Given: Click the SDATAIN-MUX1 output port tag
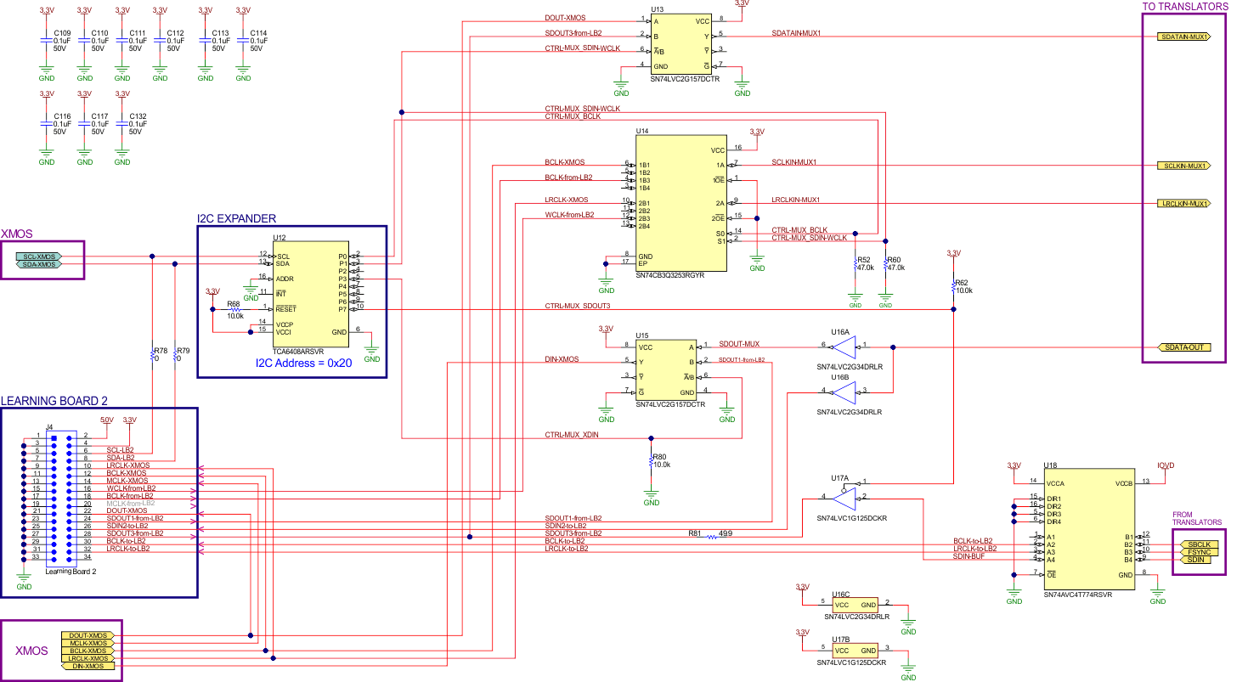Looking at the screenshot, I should tap(1183, 37).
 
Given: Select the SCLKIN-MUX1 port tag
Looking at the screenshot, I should tap(1183, 166).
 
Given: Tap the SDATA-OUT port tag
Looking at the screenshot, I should tap(1184, 347).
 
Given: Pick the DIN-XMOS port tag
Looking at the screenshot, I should tap(88, 666).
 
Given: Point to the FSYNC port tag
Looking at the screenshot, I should tap(1197, 551).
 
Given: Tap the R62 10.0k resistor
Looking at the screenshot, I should tap(953, 288).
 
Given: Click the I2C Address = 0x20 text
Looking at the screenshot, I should tap(303, 362).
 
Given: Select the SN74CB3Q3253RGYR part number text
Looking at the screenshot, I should tap(669, 275).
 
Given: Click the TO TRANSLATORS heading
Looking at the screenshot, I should tap(1184, 6).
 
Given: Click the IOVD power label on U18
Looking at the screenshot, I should tap(1166, 465).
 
